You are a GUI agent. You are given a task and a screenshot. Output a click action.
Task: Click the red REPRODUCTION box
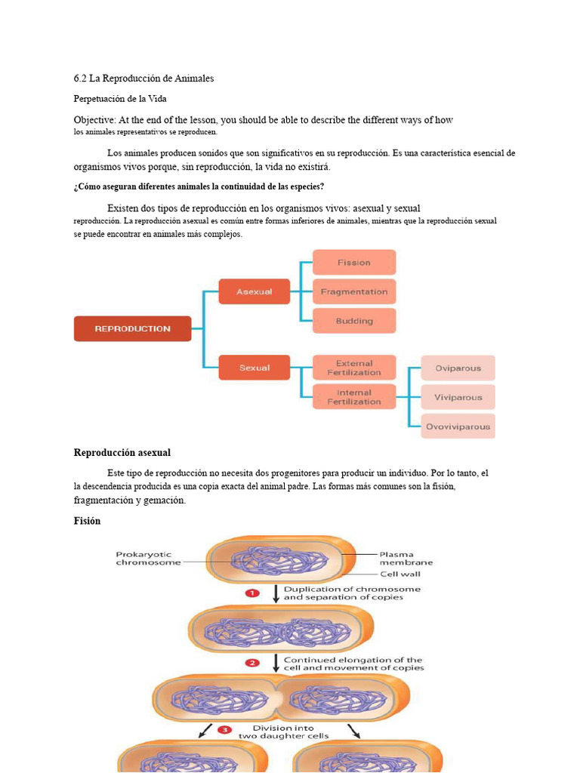pyautogui.click(x=132, y=329)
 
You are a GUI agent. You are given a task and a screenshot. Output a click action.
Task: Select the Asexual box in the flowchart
pyautogui.click(x=254, y=291)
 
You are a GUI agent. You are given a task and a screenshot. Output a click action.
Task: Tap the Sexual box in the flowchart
pyautogui.click(x=254, y=368)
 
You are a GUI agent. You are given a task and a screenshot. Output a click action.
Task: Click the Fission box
pyautogui.click(x=353, y=263)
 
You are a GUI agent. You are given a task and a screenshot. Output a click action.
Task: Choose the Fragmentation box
pyautogui.click(x=353, y=291)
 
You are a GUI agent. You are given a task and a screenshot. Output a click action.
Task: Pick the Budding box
pyautogui.click(x=353, y=321)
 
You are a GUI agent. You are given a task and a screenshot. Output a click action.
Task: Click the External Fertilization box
pyautogui.click(x=353, y=368)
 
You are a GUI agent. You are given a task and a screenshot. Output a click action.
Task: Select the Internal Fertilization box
pyautogui.click(x=353, y=397)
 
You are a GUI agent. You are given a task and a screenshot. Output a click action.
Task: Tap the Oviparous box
pyautogui.click(x=458, y=368)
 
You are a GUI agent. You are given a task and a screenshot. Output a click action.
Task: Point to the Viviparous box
pyautogui.click(x=458, y=397)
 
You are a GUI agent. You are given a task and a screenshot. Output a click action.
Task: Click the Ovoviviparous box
pyautogui.click(x=458, y=427)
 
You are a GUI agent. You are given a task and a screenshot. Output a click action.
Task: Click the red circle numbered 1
pyautogui.click(x=253, y=593)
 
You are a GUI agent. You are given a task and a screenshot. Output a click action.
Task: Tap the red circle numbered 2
pyautogui.click(x=253, y=663)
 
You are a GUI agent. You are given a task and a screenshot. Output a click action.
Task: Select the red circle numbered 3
pyautogui.click(x=224, y=730)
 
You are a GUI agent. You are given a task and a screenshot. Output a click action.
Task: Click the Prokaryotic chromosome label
pyautogui.click(x=148, y=558)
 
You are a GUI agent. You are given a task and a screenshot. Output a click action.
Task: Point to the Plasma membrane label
pyautogui.click(x=406, y=558)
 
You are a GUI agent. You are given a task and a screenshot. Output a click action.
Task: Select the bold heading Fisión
pyautogui.click(x=87, y=521)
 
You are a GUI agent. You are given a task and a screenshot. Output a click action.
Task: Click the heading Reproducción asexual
pyautogui.click(x=122, y=453)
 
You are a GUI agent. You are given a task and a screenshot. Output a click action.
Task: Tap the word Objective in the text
pyautogui.click(x=94, y=120)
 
